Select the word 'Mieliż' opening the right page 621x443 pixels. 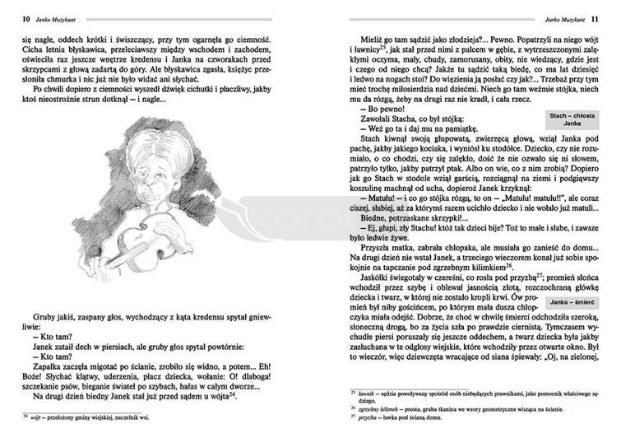point(375,40)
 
